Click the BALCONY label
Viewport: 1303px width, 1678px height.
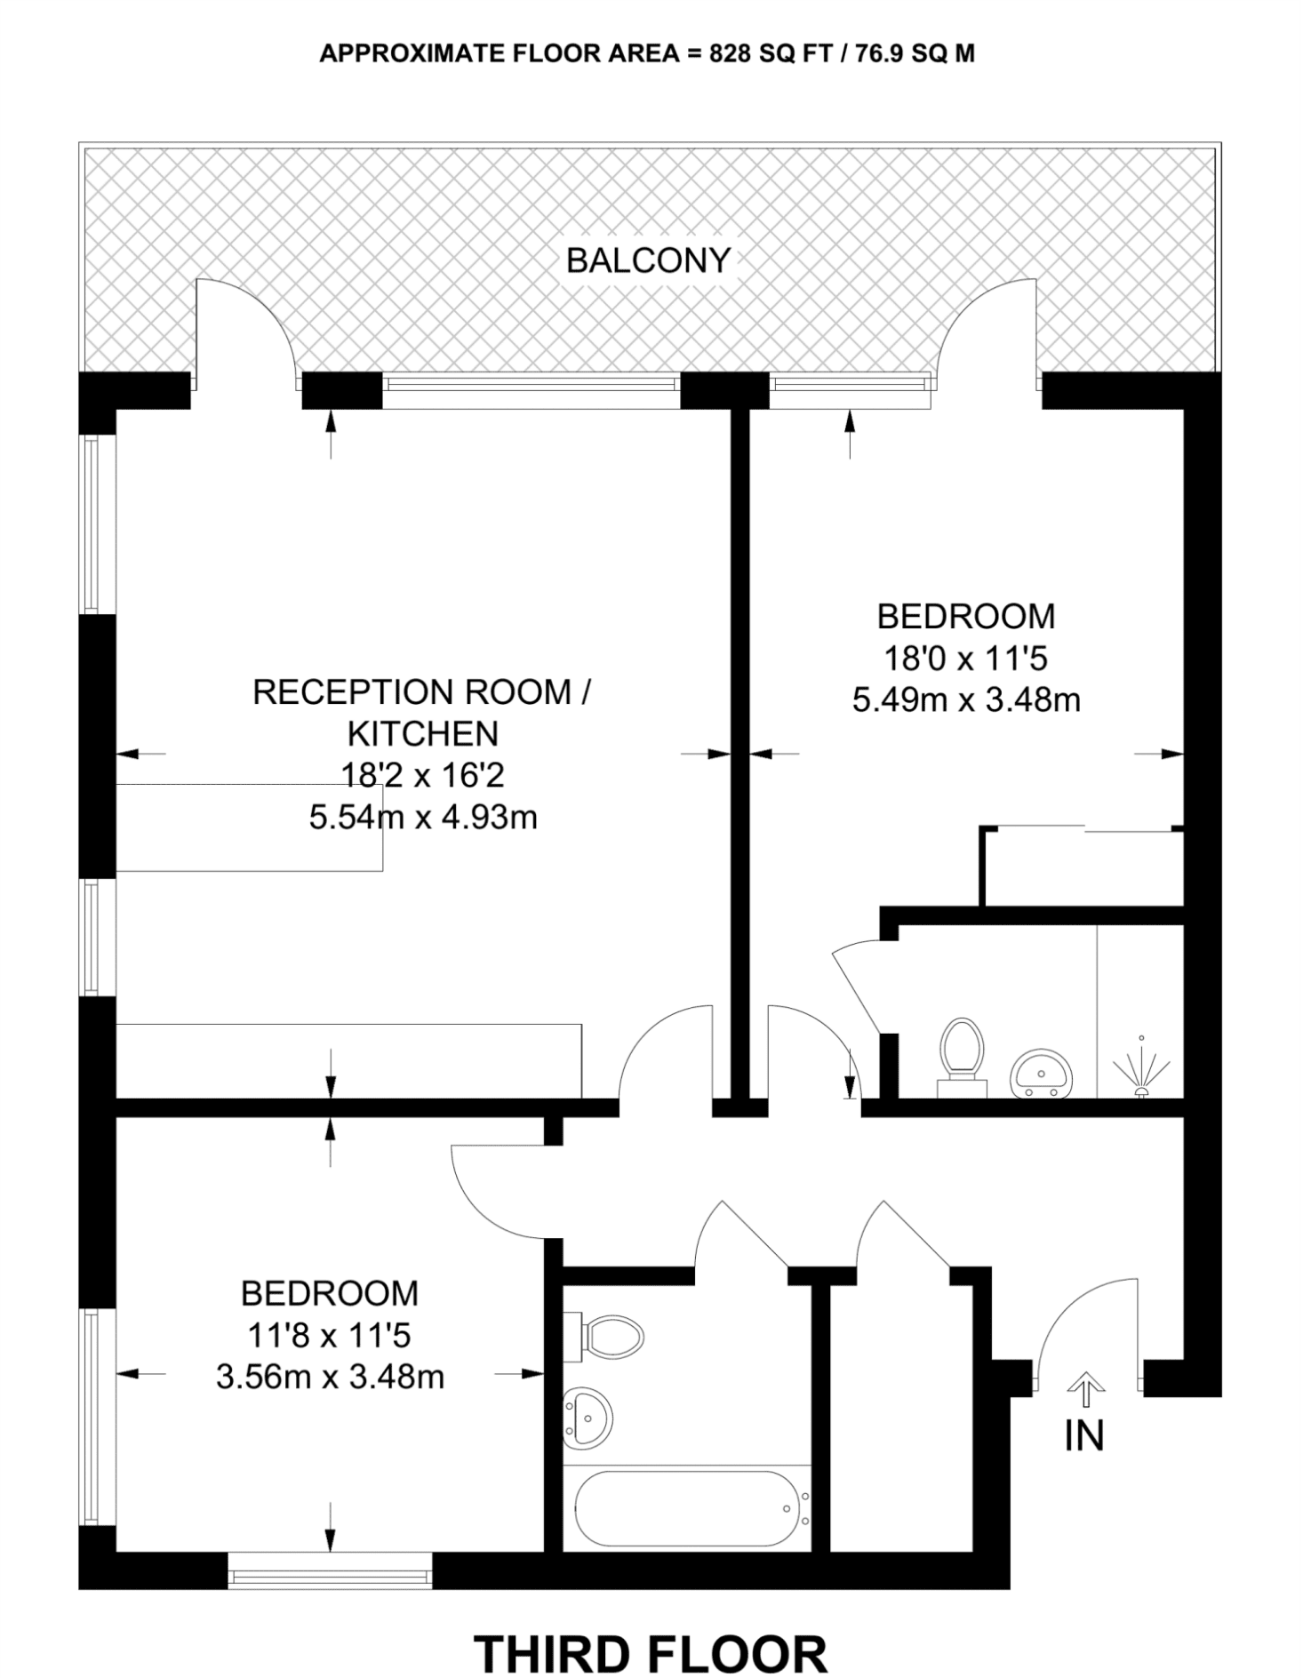point(648,260)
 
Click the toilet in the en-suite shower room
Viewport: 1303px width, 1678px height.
point(962,1057)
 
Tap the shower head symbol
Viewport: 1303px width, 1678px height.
point(1141,1066)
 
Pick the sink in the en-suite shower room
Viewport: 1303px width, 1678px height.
point(1041,1073)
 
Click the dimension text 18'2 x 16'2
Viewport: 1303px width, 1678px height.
point(423,775)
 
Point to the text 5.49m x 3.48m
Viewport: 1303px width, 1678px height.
point(966,700)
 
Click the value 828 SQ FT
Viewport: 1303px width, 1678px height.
point(771,54)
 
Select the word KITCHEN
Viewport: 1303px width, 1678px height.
point(423,734)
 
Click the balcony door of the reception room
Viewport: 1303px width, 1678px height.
point(244,333)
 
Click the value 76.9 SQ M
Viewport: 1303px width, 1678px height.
point(915,54)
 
